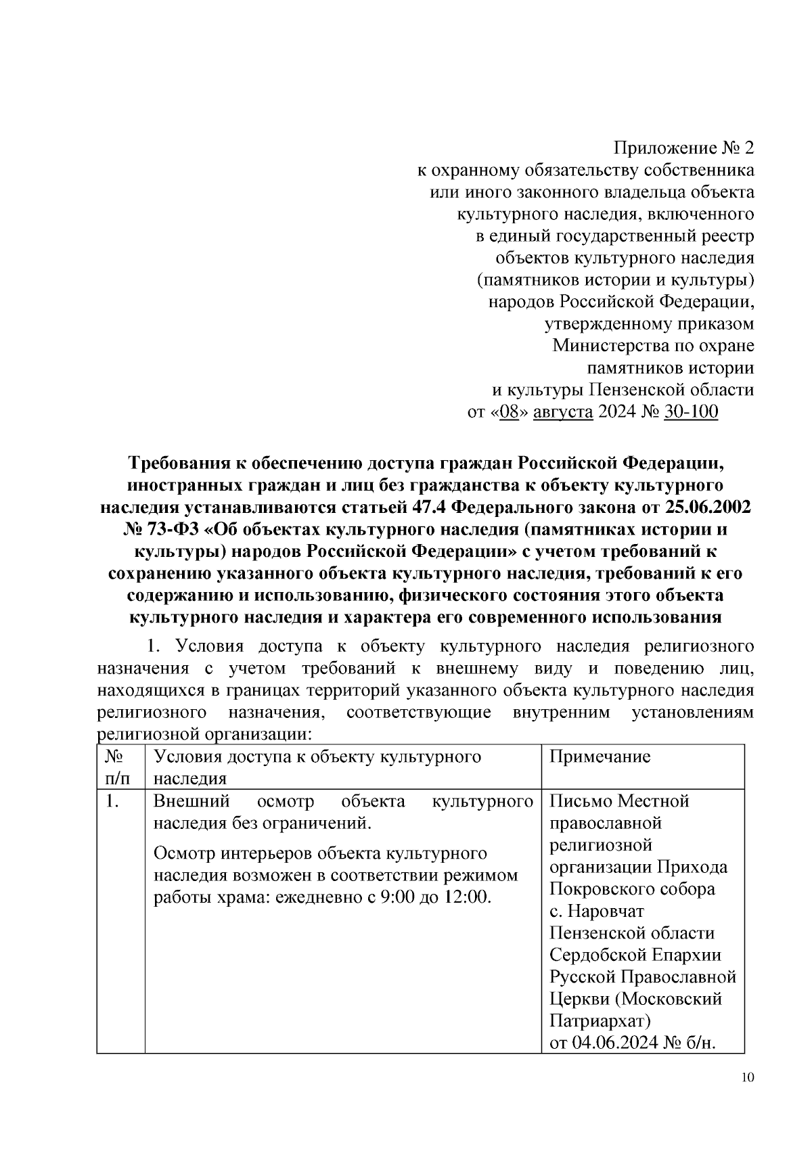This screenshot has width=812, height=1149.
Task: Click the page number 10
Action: [746, 1078]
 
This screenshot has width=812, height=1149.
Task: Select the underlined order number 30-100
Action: [691, 412]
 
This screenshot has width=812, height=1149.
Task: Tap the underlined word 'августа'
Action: [563, 412]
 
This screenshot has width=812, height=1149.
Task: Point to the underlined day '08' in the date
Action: [507, 412]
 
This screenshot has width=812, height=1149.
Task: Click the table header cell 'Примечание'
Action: [600, 757]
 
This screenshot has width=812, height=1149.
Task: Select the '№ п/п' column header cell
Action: [120, 767]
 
